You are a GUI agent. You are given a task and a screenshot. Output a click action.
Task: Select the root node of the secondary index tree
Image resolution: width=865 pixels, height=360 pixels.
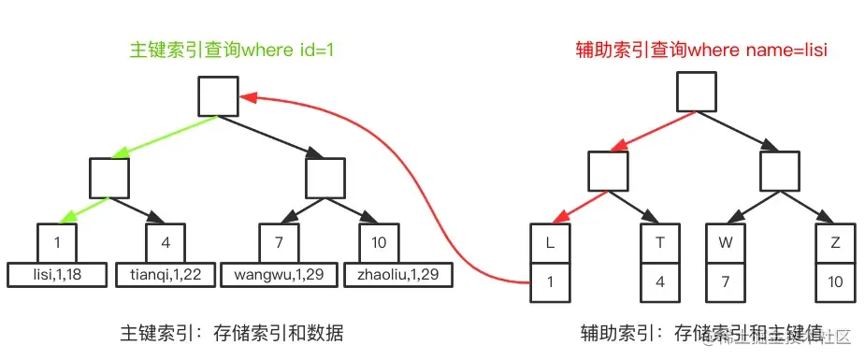click(696, 92)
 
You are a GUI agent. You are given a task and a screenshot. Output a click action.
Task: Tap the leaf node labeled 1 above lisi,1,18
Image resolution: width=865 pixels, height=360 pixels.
click(57, 243)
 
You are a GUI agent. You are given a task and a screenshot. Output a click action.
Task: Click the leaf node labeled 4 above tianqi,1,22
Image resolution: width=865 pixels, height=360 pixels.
click(166, 243)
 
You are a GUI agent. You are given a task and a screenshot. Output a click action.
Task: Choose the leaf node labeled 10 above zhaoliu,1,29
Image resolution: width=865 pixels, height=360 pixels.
click(380, 243)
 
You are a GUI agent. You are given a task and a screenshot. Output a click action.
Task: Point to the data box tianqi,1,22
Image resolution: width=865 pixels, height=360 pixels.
click(166, 275)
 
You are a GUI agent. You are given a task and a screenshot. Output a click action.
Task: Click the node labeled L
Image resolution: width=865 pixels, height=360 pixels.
click(550, 243)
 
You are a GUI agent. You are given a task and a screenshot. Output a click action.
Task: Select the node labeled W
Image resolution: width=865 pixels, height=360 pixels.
click(725, 243)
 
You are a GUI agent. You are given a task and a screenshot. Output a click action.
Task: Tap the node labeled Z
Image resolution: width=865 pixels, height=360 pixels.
click(834, 243)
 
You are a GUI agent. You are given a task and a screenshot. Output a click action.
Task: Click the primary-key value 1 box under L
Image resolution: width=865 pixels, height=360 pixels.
click(550, 281)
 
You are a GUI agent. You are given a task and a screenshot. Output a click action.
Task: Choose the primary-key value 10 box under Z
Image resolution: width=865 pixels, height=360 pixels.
click(834, 281)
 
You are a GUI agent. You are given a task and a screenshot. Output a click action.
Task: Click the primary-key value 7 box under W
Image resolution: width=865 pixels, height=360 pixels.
click(725, 281)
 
